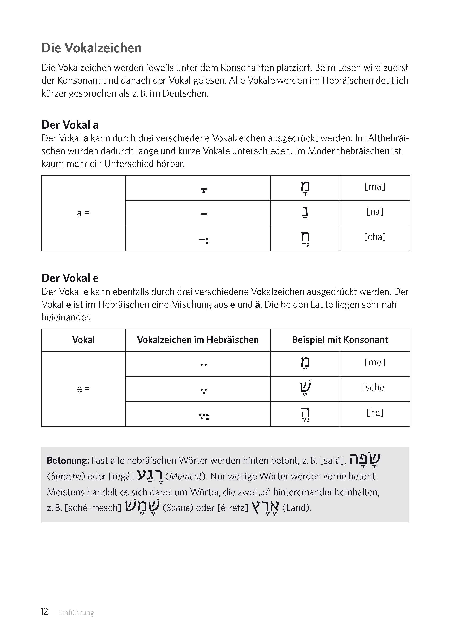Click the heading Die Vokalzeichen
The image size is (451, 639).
91,48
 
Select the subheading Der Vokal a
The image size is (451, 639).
70,125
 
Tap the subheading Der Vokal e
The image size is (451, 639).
70,278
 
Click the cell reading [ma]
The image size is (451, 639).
375,186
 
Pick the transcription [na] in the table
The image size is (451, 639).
375,212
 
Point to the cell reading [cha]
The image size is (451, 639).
375,237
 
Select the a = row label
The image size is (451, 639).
83,213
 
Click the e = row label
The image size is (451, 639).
83,389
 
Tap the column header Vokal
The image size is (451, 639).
83,340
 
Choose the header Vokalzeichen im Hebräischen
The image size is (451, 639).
198,340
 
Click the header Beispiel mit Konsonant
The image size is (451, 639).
340,340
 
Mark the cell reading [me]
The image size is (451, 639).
375,362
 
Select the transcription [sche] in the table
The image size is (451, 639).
375,387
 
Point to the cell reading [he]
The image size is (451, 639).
375,413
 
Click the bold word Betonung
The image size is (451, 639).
68,461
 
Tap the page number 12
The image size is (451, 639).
44,612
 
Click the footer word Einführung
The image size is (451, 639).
76,612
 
